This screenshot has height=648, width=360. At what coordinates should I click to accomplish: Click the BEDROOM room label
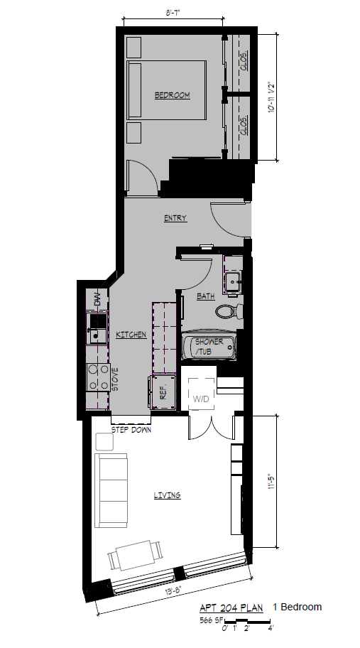[173, 95]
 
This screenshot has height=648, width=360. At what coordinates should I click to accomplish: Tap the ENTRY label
[175, 218]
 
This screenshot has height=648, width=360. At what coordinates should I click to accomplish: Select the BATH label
[206, 297]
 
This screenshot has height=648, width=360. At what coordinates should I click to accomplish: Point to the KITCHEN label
[131, 335]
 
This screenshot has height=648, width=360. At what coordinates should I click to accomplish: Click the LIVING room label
[168, 495]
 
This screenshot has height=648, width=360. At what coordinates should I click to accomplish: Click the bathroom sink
[233, 283]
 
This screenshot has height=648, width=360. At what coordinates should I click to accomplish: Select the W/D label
[202, 399]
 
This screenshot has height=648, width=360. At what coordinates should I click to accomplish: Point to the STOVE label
[114, 378]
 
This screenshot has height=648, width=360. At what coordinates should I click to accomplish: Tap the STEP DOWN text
[131, 430]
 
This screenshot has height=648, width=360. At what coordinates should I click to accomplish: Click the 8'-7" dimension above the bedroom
[173, 13]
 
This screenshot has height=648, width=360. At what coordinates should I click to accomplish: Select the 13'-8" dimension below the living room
[173, 589]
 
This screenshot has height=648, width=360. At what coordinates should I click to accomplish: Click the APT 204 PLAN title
[230, 608]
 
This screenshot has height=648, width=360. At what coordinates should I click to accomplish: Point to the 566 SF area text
[211, 621]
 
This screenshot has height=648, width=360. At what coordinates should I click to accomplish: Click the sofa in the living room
[112, 491]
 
